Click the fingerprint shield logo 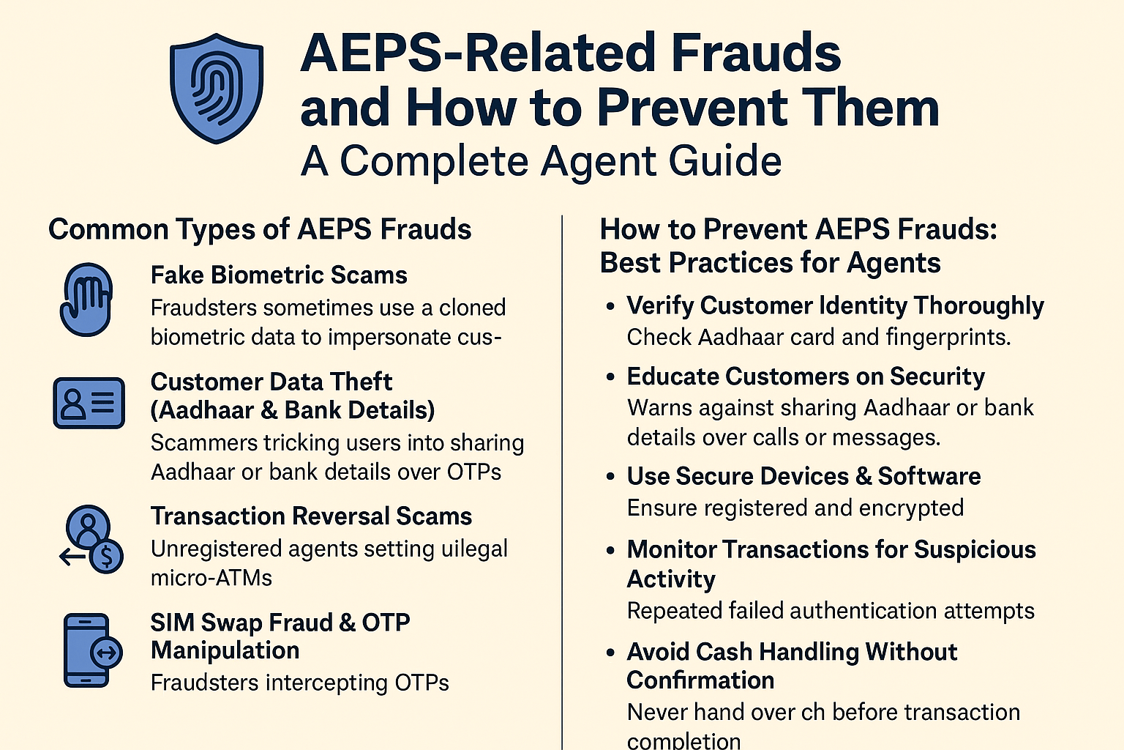coord(216,88)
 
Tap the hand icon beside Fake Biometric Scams coord(87,299)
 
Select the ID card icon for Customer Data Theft coord(89,402)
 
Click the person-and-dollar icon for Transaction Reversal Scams coord(92,539)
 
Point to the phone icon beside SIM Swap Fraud coord(91,650)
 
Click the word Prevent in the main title coord(689,108)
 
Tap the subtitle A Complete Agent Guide coord(541,161)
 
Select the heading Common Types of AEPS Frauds coord(260,229)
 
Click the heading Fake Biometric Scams coord(279,275)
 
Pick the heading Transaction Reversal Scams coord(311,516)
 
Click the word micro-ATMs coord(211,578)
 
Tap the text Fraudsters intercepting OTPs coord(299,683)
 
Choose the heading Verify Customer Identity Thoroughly coord(835,305)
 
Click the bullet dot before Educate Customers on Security coord(610,377)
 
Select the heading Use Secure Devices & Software coord(803,476)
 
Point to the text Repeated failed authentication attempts coord(831,610)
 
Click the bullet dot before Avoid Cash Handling coord(610,652)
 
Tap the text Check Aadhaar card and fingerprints coord(819,337)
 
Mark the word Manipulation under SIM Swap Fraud coord(225,650)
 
